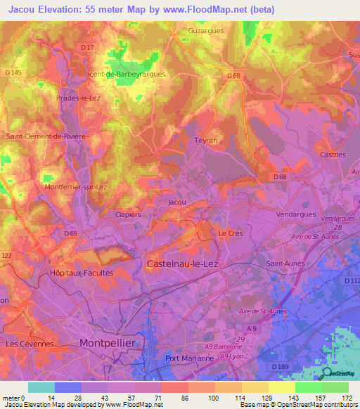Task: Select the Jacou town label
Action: pyautogui.click(x=177, y=202)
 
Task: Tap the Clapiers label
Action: pyautogui.click(x=128, y=215)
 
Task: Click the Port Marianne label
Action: pyautogui.click(x=189, y=358)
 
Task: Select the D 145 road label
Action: pyautogui.click(x=13, y=73)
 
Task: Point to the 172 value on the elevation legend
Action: pyautogui.click(x=347, y=398)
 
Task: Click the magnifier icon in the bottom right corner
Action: pyautogui.click(x=325, y=372)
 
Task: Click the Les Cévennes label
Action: pyautogui.click(x=30, y=344)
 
